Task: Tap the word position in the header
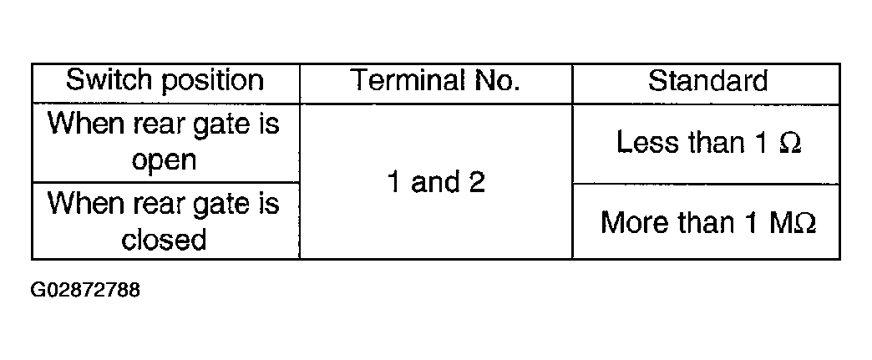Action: tap(213, 82)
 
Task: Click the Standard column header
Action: tap(707, 81)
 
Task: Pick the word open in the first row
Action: tap(164, 161)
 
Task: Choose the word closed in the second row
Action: tap(164, 239)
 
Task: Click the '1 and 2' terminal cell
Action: tap(436, 181)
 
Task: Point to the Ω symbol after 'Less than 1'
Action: tap(791, 143)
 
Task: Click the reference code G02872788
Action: tap(86, 290)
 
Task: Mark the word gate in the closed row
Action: tap(214, 205)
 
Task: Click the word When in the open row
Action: tap(86, 123)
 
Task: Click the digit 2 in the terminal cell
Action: tap(477, 182)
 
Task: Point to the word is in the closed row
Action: tap(268, 203)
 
